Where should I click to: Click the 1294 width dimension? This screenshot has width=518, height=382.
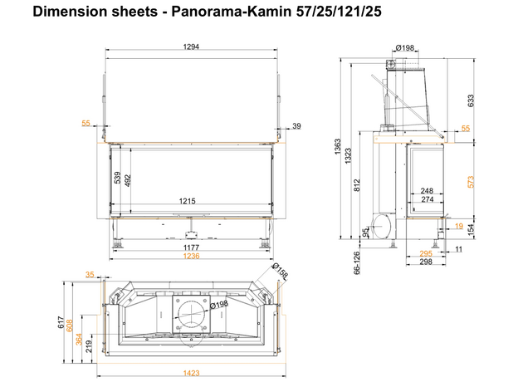point(191,47)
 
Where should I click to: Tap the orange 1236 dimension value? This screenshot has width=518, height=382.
point(191,256)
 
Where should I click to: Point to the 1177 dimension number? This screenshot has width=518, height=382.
point(191,247)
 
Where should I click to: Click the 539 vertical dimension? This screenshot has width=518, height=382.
point(117,178)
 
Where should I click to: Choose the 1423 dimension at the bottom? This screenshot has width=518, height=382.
point(191,374)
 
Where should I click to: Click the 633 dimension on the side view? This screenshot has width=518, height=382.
point(472,101)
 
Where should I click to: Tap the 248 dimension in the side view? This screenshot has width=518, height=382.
point(428,191)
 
